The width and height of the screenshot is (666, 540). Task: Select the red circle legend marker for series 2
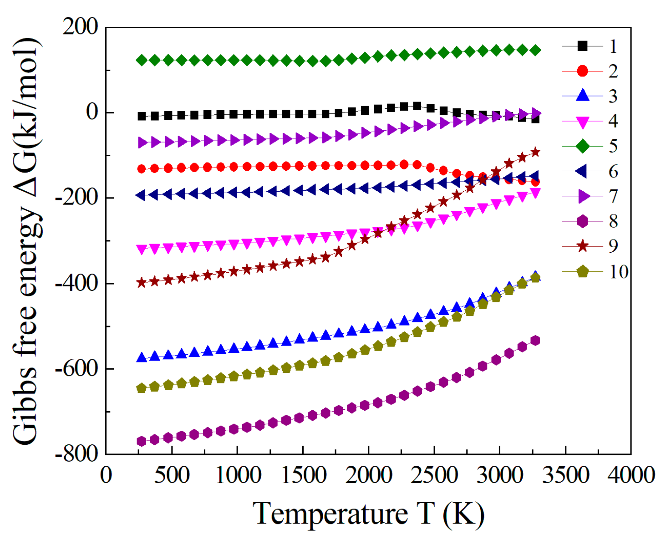tap(582, 71)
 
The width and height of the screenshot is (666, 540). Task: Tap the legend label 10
tap(618, 272)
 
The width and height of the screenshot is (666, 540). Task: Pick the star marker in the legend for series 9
tap(582, 246)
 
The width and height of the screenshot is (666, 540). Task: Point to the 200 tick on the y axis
tap(81, 27)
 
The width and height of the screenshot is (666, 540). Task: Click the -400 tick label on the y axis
tap(76, 284)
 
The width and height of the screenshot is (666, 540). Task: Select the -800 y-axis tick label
tap(76, 454)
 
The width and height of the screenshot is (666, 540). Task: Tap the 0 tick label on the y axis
tap(92, 112)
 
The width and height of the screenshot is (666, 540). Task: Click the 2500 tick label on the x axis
tap(434, 475)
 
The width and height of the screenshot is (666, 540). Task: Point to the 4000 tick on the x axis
tap(631, 475)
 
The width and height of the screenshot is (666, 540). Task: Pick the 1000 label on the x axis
tap(237, 475)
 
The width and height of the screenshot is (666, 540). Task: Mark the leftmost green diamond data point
tap(142, 60)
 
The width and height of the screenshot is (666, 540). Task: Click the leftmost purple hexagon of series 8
tap(142, 441)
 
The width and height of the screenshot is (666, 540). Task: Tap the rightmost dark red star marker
tap(535, 152)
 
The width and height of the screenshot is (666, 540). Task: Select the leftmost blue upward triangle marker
tap(142, 357)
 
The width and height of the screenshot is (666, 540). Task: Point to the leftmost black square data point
tap(142, 116)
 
